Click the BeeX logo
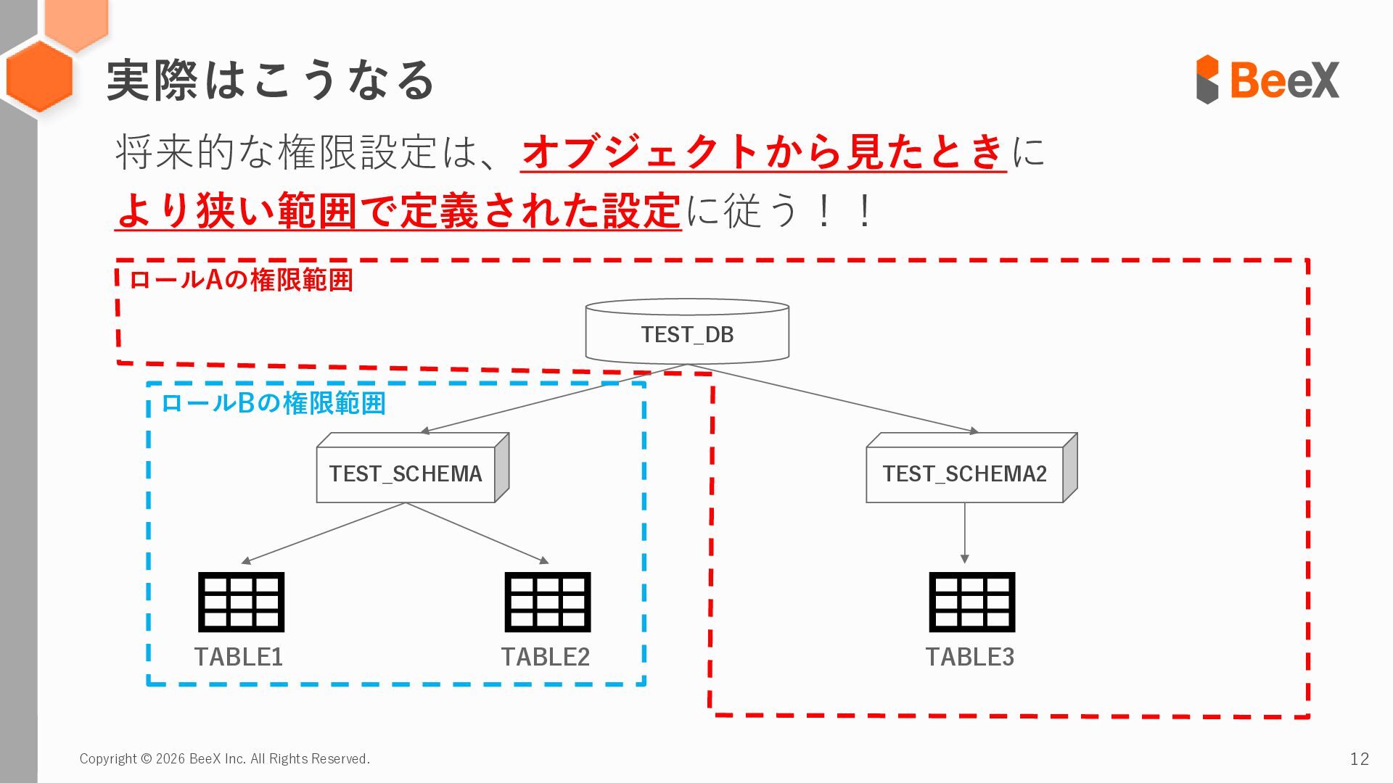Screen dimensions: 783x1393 click(x=1267, y=79)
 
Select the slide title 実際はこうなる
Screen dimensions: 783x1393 click(x=270, y=80)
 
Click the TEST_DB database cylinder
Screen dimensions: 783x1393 click(x=687, y=332)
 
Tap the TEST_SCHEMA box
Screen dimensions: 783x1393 click(x=406, y=473)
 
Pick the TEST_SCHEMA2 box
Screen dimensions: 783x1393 click(x=965, y=473)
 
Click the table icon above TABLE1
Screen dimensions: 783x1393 click(x=241, y=602)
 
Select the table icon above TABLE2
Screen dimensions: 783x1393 click(x=548, y=602)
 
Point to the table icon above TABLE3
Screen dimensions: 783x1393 click(x=971, y=602)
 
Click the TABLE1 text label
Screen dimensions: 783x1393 click(x=239, y=657)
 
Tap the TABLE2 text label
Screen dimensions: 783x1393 click(x=546, y=657)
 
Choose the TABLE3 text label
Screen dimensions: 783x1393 click(x=970, y=657)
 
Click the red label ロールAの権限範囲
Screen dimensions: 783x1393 click(x=241, y=280)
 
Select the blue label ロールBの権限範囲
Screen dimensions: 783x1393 click(x=273, y=403)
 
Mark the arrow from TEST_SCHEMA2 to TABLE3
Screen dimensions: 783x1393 click(x=964, y=533)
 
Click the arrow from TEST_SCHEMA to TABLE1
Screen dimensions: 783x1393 click(x=323, y=533)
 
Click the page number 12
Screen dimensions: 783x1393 click(x=1359, y=758)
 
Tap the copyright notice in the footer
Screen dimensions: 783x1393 click(x=224, y=758)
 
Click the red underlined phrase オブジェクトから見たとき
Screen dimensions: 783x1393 click(x=763, y=152)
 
